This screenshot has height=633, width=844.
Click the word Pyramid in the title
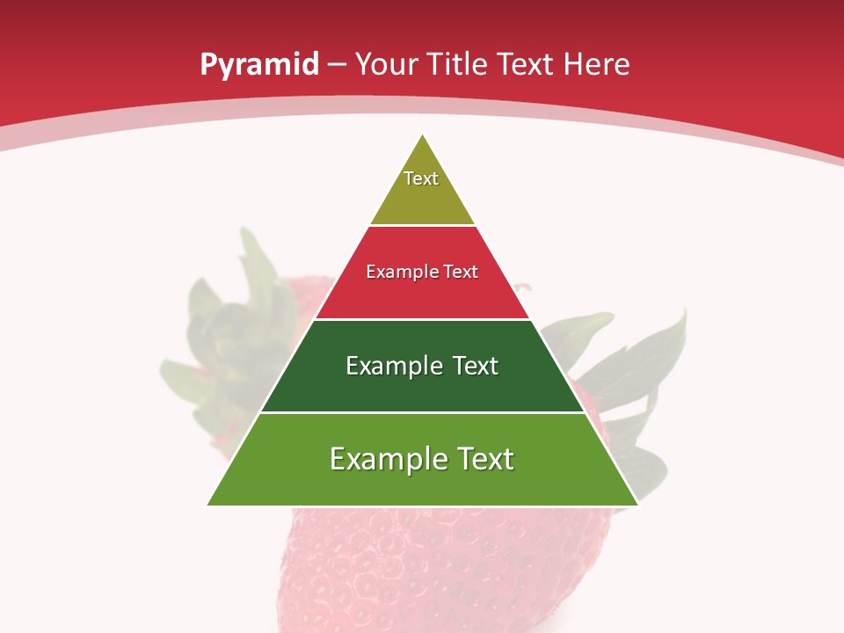(259, 65)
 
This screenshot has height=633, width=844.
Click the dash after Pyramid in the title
(337, 65)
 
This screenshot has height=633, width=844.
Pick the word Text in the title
(527, 65)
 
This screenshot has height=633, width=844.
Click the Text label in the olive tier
(421, 178)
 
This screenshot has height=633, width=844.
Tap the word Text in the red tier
(459, 273)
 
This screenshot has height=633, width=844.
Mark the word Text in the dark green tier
(476, 366)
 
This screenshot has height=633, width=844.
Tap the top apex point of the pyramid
(423, 135)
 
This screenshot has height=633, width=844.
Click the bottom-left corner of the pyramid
(208, 505)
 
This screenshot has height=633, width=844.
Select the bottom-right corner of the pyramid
(637, 505)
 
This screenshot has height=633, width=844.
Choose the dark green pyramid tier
(423, 391)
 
